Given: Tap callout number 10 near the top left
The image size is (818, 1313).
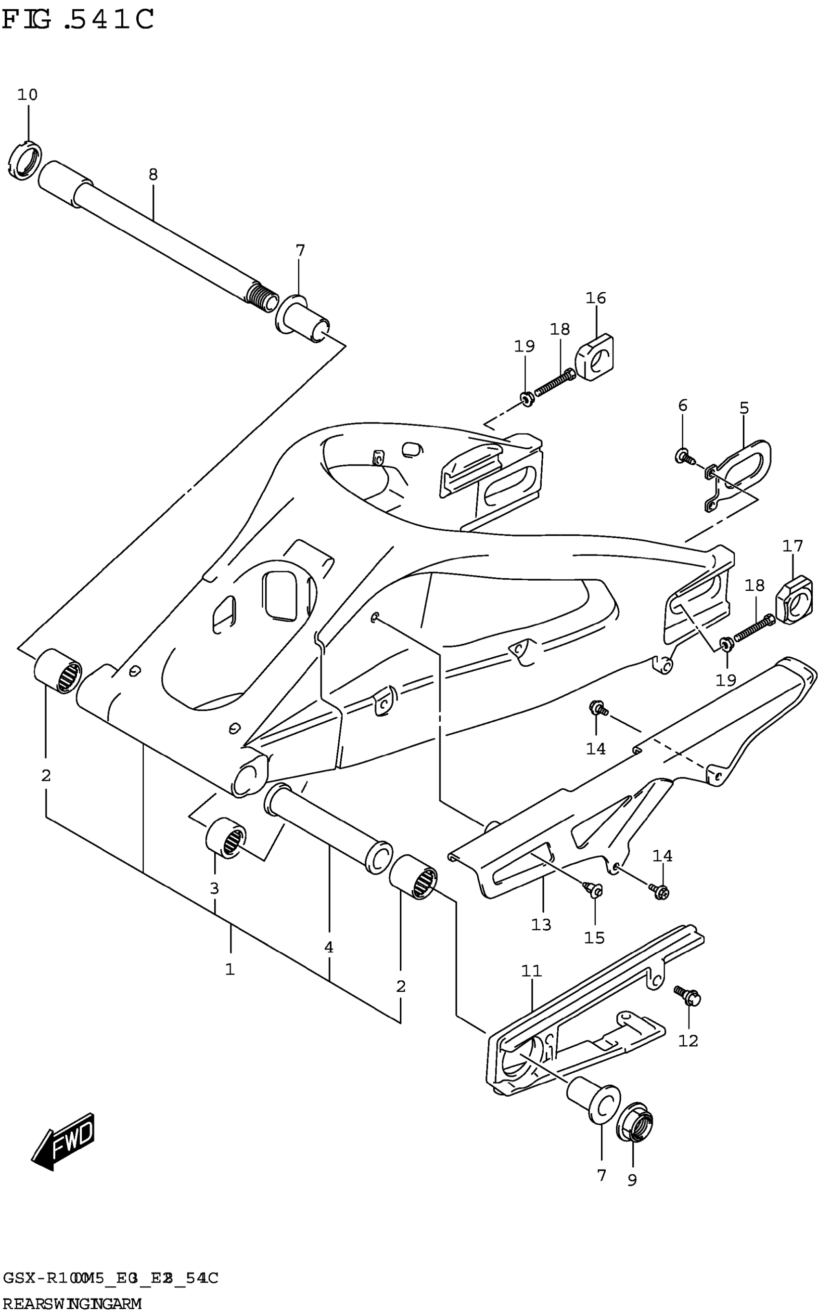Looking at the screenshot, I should [x=27, y=95].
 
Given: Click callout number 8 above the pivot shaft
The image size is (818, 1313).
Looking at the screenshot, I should [x=153, y=175].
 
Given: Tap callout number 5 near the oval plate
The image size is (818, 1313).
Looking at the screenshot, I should [x=744, y=408].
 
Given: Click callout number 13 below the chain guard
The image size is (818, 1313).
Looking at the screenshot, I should [x=541, y=924].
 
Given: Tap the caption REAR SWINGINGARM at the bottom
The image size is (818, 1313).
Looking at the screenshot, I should [x=72, y=1304].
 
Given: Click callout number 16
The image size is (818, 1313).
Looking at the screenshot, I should [x=596, y=298].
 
